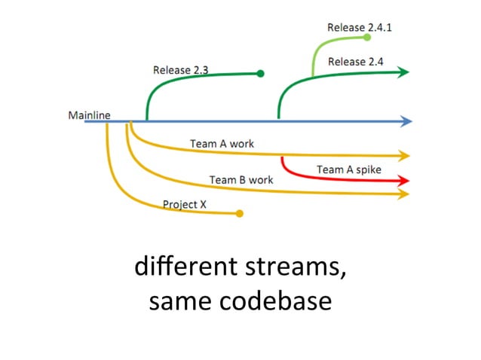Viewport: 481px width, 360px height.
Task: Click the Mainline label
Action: click(x=89, y=115)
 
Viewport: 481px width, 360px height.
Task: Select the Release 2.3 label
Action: click(x=180, y=70)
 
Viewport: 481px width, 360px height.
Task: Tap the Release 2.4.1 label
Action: click(x=360, y=27)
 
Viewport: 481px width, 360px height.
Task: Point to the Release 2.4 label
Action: click(x=357, y=61)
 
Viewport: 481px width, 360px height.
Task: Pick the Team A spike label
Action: click(x=348, y=169)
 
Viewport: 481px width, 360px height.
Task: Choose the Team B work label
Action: click(x=240, y=180)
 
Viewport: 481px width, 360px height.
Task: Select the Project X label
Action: click(x=185, y=204)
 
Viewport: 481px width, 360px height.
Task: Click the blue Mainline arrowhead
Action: click(x=407, y=121)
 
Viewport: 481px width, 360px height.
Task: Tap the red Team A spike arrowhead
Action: click(x=405, y=181)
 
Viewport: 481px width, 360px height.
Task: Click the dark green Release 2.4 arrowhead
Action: click(x=404, y=72)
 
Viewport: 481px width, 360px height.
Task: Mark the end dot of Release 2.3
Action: click(x=260, y=74)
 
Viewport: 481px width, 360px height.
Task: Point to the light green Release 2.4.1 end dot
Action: click(x=367, y=37)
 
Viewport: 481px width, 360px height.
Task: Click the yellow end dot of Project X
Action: click(x=240, y=214)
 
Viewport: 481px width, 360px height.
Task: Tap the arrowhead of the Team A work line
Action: click(x=405, y=156)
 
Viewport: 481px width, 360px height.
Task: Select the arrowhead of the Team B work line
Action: click(x=405, y=194)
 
